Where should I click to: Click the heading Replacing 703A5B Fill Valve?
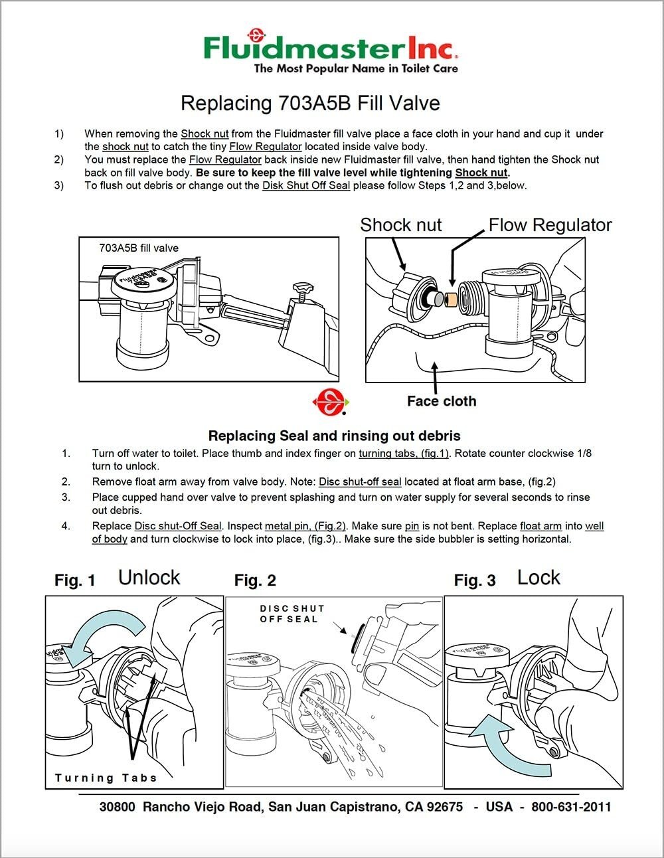(310, 104)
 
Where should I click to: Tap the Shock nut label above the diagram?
(400, 225)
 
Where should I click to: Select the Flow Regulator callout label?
(550, 225)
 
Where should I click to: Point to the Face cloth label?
(441, 401)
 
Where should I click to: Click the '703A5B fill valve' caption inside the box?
(139, 248)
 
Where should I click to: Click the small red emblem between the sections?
(330, 401)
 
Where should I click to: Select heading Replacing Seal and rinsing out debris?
(334, 436)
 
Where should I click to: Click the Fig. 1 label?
(75, 580)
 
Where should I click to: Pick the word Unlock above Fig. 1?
(149, 578)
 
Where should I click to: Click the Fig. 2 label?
(255, 580)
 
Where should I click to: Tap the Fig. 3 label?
(475, 580)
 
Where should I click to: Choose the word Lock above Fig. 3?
(539, 578)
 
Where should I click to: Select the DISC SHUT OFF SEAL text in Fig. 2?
(291, 614)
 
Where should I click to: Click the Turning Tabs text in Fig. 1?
(106, 778)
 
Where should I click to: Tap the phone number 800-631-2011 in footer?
(571, 807)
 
